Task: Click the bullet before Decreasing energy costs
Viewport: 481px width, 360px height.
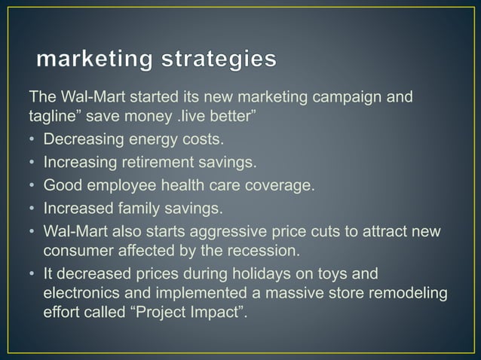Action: [x=33, y=140]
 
